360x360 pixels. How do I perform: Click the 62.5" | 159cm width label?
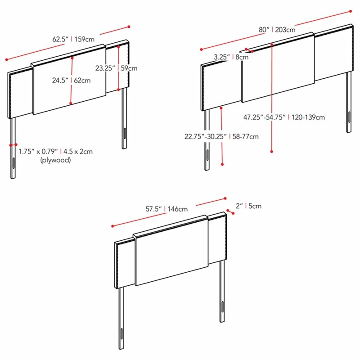[73, 39]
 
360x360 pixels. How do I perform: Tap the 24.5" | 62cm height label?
[71, 81]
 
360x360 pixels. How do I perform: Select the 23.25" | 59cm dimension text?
[117, 68]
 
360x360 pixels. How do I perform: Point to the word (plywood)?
[55, 160]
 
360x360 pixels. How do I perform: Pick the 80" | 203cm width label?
[277, 30]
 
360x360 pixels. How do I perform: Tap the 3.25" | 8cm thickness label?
[231, 57]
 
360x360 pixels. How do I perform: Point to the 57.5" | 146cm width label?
[166, 209]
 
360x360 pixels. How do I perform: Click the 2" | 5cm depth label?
[249, 206]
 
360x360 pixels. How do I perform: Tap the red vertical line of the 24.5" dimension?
[72, 81]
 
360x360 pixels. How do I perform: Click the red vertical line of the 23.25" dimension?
[118, 68]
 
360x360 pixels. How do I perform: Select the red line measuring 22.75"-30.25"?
[221, 136]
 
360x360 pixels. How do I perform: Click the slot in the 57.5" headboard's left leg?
[121, 334]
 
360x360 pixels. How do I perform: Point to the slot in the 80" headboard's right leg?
[350, 117]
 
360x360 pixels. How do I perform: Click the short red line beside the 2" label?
[230, 212]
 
